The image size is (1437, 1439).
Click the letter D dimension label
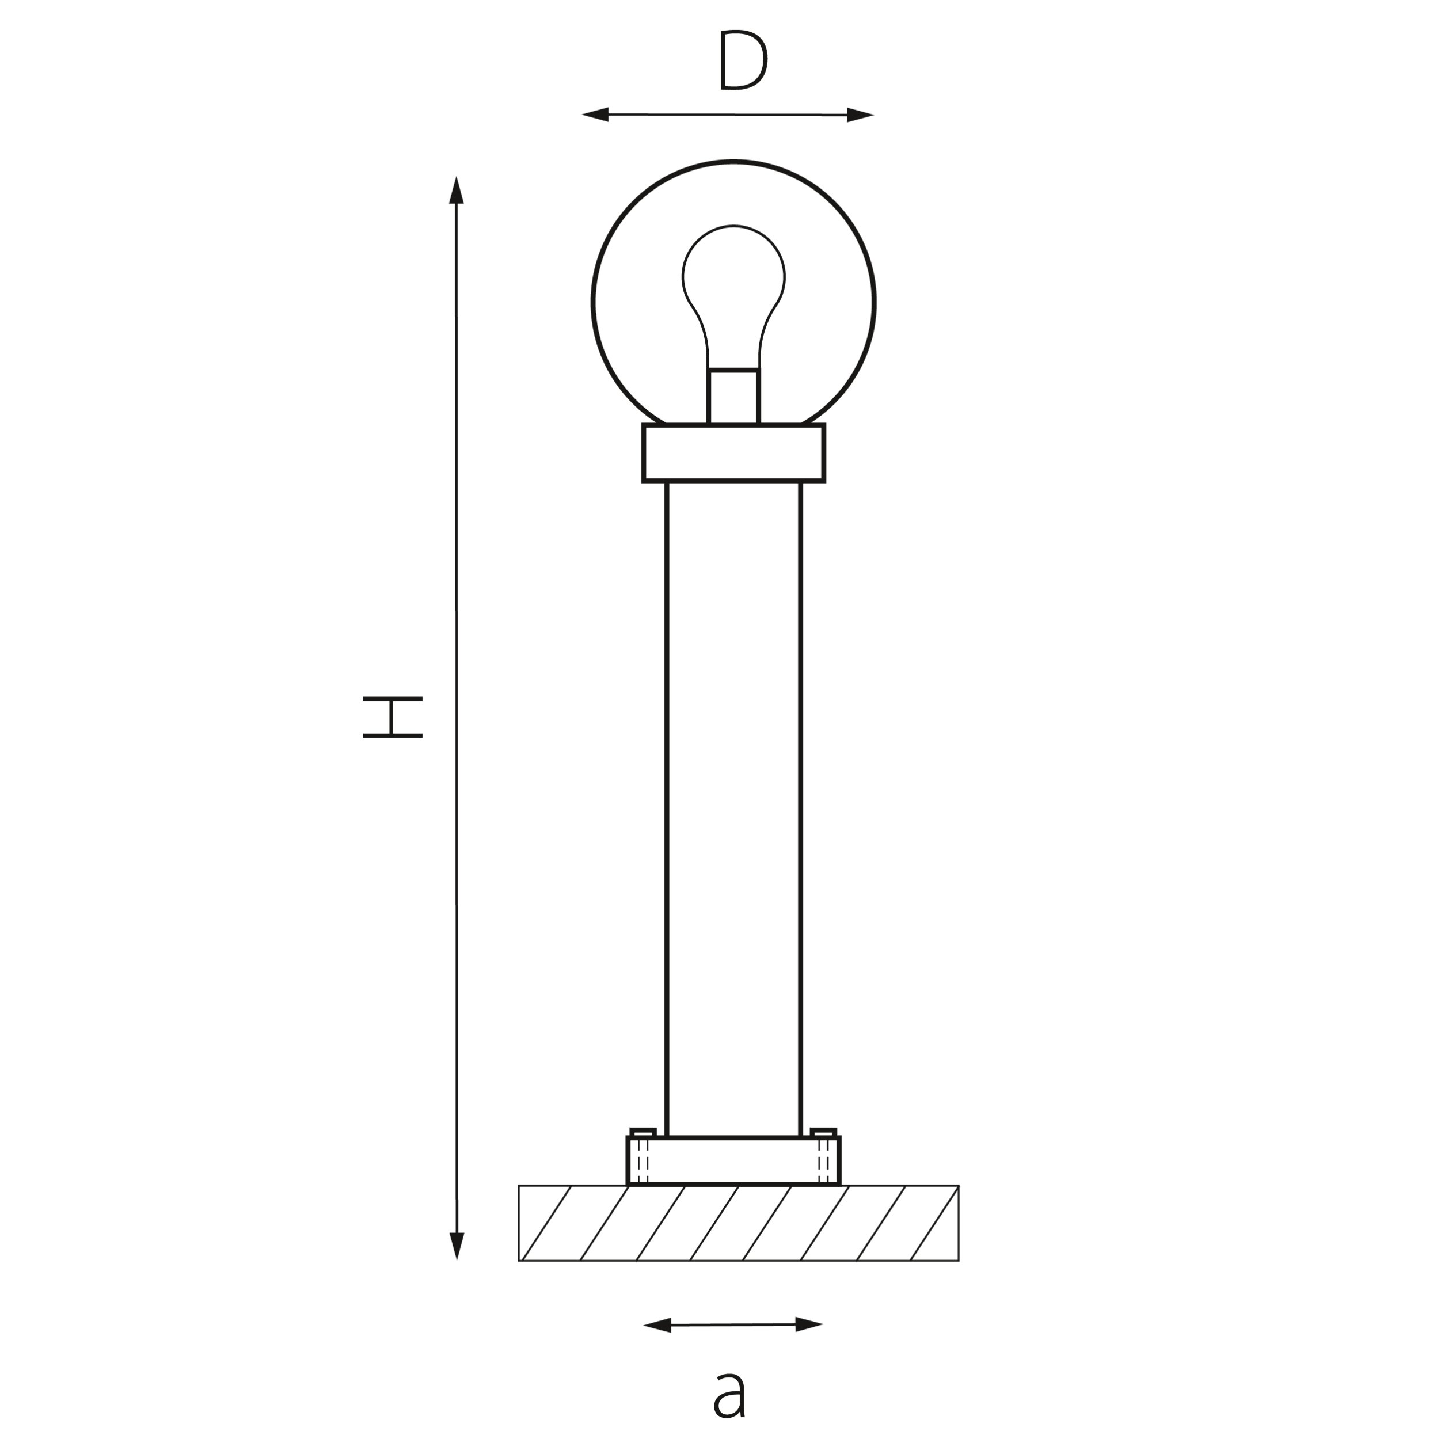tap(743, 60)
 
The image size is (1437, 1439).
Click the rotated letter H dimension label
tap(393, 717)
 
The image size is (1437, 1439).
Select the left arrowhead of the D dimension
tap(595, 114)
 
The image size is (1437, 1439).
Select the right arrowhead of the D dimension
tap(860, 115)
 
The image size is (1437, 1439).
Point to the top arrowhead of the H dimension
tap(457, 191)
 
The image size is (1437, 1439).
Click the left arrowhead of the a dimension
tap(657, 1324)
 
